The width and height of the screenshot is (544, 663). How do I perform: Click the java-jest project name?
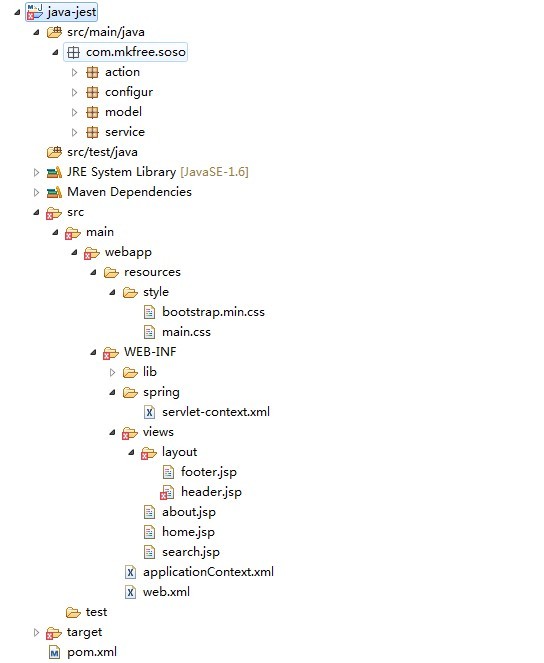pos(71,12)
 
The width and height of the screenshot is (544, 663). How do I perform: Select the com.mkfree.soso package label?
pos(136,52)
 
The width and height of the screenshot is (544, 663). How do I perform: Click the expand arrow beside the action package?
pos(74,72)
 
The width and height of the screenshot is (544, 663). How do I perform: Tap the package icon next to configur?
pos(92,92)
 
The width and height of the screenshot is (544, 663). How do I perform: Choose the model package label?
pos(123,112)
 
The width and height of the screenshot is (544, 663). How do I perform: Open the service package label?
pos(125,132)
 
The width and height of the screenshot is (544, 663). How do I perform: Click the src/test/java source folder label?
pos(102,152)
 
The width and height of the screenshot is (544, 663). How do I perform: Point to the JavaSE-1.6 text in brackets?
pos(215,172)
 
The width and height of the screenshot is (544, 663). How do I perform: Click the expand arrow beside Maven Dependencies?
pos(36,192)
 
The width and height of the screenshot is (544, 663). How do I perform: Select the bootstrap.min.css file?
pos(213,312)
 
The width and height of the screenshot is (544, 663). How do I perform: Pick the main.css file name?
pos(186,332)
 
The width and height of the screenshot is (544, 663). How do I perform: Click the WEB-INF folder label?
pos(150,352)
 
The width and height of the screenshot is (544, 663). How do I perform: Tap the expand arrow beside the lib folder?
pos(112,372)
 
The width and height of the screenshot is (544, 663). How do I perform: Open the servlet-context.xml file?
pos(216,412)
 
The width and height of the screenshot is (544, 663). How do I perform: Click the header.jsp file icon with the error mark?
pos(167,492)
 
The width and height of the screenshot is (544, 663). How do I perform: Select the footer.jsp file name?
pos(209,472)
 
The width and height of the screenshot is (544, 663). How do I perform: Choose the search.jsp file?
pos(191,552)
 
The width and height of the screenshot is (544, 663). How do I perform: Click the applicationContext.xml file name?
pos(208,572)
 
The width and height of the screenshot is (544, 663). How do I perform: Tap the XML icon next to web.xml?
pos(130,592)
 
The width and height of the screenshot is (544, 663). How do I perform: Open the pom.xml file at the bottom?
pos(92,652)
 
